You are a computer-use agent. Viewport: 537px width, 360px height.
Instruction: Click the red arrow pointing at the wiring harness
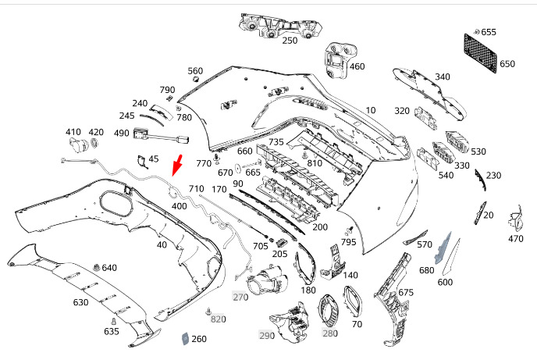(177, 165)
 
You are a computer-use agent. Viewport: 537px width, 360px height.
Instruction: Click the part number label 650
(507, 64)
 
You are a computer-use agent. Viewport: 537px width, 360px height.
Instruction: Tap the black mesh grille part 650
(480, 52)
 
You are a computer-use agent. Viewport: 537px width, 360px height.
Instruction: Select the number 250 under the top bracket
(290, 41)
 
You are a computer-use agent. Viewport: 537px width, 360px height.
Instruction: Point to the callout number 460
(357, 66)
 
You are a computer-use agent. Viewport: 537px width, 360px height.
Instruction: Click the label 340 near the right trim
(442, 77)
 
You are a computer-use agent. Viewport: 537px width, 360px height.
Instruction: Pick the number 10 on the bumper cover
(371, 110)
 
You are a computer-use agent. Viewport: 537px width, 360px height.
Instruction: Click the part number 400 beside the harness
(179, 206)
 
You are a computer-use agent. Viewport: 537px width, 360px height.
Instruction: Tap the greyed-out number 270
(240, 297)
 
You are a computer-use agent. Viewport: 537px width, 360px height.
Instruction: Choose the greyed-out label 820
(219, 319)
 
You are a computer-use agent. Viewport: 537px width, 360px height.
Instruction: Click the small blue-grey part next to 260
(185, 338)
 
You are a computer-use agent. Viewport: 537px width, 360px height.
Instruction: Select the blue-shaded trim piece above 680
(443, 248)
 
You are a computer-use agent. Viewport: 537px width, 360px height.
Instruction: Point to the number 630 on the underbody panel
(80, 302)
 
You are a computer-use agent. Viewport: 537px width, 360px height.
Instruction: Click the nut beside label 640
(96, 268)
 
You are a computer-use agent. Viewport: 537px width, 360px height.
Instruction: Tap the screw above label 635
(114, 321)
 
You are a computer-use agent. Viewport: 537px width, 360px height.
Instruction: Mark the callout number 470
(515, 238)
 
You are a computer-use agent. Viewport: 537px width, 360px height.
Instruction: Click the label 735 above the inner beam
(276, 142)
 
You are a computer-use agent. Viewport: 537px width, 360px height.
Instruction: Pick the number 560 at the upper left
(195, 71)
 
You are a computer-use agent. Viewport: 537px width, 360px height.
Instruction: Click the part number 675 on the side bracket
(406, 292)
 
